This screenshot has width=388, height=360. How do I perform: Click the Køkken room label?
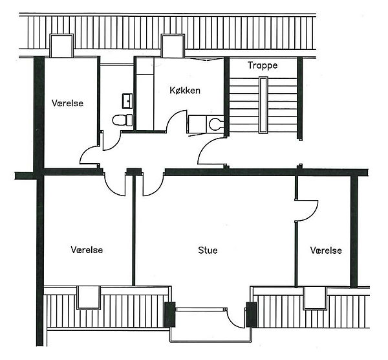point(185,90)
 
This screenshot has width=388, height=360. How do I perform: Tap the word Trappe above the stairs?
point(263,65)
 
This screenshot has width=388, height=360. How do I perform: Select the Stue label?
point(208,250)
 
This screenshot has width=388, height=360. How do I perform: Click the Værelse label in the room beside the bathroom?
point(67,103)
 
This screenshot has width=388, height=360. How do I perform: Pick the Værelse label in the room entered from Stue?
point(326,250)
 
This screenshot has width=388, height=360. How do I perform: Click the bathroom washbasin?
point(127,101)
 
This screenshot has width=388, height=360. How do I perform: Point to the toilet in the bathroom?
point(122,120)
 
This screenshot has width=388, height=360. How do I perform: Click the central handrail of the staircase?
point(263,105)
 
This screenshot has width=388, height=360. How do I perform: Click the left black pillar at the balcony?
point(170,315)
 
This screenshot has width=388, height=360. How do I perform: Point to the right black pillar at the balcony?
point(252,315)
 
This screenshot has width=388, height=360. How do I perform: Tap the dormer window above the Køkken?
point(173,46)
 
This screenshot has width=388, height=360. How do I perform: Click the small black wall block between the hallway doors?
point(134,172)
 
